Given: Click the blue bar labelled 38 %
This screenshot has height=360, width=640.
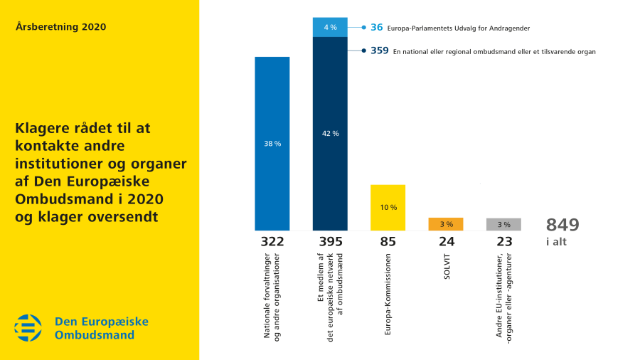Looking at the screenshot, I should click(x=272, y=143).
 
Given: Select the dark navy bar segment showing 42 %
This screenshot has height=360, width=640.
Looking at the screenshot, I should click(x=330, y=134).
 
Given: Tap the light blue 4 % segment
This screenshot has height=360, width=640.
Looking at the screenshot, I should click(x=330, y=27).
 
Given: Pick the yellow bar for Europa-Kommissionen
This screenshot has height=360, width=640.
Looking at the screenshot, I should click(x=388, y=207).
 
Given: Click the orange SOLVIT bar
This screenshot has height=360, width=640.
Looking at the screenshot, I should click(x=446, y=224).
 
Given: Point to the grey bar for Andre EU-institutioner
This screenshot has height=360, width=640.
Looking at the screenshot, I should click(x=503, y=224).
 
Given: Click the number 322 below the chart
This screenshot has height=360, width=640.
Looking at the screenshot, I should click(x=272, y=241).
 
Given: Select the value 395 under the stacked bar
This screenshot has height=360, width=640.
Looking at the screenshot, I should click(x=330, y=241).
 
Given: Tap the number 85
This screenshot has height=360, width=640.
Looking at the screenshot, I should click(x=388, y=241).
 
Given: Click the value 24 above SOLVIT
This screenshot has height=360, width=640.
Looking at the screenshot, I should click(x=446, y=241).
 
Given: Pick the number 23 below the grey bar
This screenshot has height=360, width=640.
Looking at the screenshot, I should click(x=504, y=241).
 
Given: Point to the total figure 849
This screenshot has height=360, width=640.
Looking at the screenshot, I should click(x=562, y=225).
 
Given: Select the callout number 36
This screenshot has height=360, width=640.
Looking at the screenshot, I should click(x=377, y=28).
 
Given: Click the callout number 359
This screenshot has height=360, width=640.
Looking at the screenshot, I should click(x=379, y=51).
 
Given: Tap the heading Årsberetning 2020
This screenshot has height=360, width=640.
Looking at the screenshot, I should click(x=60, y=27).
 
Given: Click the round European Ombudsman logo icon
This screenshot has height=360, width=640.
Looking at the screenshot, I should click(x=28, y=328).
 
